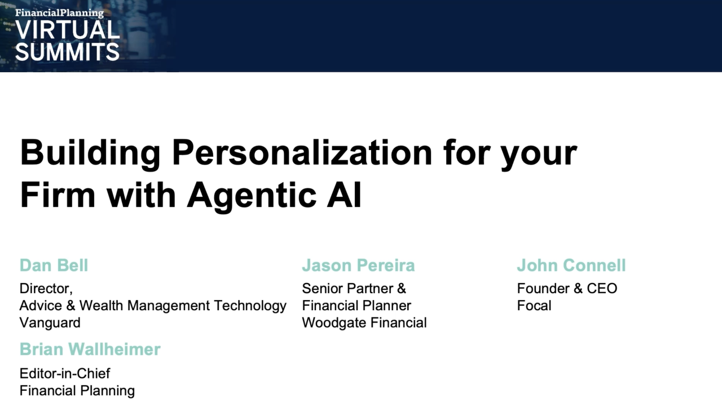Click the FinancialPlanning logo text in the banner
pos(59,13)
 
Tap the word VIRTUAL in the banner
pos(67,30)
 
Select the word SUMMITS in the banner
pos(67,52)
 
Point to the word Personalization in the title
pos(302,152)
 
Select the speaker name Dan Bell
pos(54,265)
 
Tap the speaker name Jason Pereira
pos(358,265)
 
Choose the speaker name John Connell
pos(571,265)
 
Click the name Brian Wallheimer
pos(90,349)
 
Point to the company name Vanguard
pos(50,323)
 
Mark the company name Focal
pos(534,306)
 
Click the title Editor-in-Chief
pos(64,373)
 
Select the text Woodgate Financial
pos(364,323)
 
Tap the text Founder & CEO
pos(567,289)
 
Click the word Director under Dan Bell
pos(45,289)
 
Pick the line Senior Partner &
pos(354,289)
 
